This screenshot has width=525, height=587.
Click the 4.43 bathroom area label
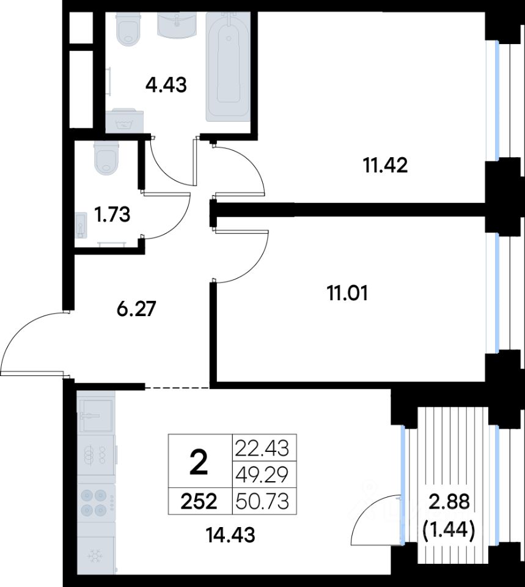click(x=166, y=85)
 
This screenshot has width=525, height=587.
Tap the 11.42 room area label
click(x=386, y=165)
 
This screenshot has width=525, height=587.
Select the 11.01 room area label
click(x=348, y=293)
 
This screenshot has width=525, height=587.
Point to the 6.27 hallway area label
click(x=136, y=309)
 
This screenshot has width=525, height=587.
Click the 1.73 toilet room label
click(x=112, y=215)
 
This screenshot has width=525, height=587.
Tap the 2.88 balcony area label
click(x=449, y=501)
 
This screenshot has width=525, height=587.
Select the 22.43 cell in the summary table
click(x=262, y=448)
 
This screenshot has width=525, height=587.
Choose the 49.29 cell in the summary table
click(x=262, y=474)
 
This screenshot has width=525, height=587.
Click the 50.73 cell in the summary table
click(x=262, y=501)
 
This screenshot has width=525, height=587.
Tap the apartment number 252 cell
click(x=199, y=501)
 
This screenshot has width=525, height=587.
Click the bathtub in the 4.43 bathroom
click(x=227, y=66)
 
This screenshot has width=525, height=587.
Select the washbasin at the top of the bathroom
click(x=177, y=24)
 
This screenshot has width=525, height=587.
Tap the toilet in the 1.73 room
click(x=107, y=157)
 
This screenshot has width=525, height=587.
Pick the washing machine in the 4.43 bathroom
click(x=124, y=120)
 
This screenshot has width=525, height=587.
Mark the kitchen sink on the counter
click(x=95, y=416)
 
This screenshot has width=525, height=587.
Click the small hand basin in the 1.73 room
click(x=81, y=226)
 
